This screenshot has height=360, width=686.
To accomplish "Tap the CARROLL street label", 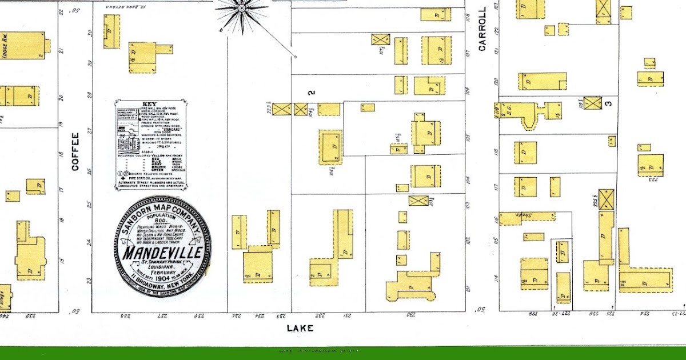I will (x=482, y=29).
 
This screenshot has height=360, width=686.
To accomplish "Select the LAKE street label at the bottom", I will (x=300, y=328).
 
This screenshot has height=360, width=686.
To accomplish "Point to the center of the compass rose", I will (x=242, y=8).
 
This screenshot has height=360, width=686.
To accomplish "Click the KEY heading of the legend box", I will (x=150, y=103).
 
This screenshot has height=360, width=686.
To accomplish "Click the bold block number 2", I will (x=312, y=92).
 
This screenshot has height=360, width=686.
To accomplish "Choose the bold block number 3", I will (x=608, y=103).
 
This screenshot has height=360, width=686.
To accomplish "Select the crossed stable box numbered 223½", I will (x=281, y=109).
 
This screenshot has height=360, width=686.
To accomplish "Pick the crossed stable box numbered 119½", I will (x=593, y=103).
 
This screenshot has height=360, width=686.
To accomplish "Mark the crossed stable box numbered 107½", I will (x=380, y=39).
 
